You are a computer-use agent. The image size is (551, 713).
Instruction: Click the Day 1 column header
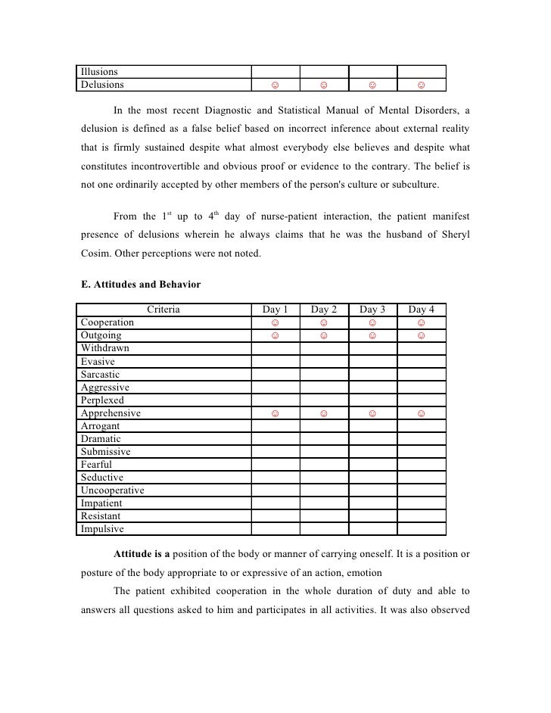pos(275,310)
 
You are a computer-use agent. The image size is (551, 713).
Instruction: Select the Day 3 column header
pos(372,310)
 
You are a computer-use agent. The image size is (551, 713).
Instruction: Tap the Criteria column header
pos(163,310)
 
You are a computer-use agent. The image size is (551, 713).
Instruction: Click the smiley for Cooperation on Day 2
pos(324,322)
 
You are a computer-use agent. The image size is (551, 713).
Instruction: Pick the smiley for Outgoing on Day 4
pos(421,335)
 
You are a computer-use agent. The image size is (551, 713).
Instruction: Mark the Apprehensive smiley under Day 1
pos(275,413)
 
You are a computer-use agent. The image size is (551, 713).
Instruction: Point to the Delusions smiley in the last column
pos(421,85)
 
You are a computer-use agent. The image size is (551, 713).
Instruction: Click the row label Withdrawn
pos(105,348)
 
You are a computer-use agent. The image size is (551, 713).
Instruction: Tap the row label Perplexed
pos(103,400)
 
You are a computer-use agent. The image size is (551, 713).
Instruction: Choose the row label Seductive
pos(102,478)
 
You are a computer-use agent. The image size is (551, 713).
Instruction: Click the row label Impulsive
pos(103,529)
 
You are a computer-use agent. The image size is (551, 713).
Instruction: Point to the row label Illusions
pos(100,72)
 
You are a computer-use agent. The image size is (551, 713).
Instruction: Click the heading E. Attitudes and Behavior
pos(140,285)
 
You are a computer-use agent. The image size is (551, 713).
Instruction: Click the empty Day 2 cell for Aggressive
pos(324,387)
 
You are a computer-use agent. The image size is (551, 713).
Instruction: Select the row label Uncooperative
pos(113,490)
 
